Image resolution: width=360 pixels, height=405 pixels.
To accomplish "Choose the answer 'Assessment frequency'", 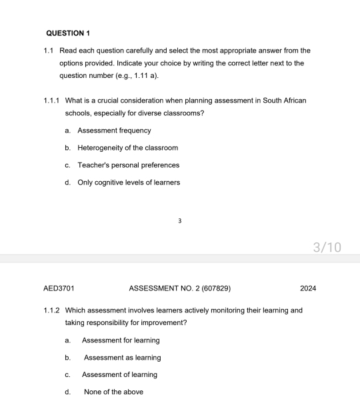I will point(114,131).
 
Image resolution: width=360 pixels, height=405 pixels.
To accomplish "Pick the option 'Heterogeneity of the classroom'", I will point(127,148).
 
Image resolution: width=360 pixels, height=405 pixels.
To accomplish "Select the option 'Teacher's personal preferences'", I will point(128,165).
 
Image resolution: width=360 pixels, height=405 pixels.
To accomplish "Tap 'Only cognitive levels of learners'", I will point(129,183).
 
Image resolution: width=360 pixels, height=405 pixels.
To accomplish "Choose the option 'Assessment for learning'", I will point(121,340).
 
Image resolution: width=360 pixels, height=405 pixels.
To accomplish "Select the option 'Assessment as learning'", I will point(122,358).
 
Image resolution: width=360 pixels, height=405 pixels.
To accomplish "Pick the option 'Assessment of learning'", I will point(120,375).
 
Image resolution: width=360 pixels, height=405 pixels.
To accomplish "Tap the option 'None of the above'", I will point(113,392).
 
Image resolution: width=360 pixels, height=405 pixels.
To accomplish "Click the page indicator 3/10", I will point(327,248).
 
